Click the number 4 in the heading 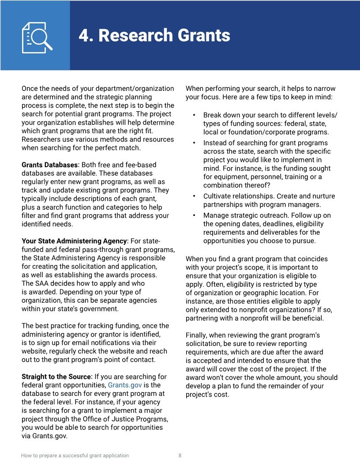84,35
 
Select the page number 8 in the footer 180,455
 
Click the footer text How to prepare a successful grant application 75,455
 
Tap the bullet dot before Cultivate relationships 194,196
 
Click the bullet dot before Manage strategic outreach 194,216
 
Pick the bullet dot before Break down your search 194,115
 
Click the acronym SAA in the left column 42,283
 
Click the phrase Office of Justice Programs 118,419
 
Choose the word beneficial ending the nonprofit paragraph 308,318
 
